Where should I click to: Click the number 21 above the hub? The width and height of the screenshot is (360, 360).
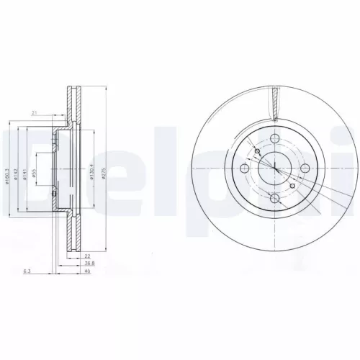(x=34, y=112)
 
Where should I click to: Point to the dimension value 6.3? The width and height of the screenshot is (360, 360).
(x=26, y=271)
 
